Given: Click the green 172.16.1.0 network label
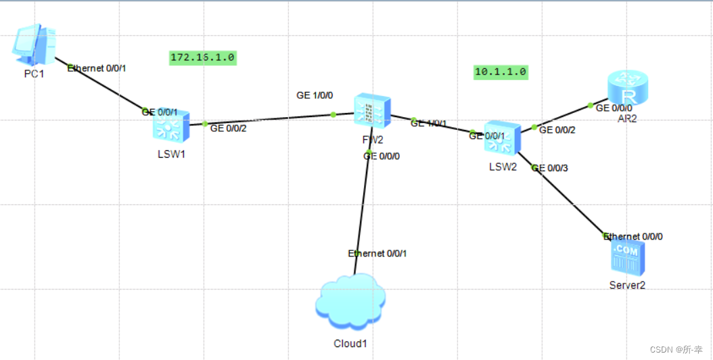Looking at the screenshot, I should click(202, 58).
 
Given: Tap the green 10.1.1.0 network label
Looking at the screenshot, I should click(500, 71).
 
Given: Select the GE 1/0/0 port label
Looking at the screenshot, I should click(315, 95).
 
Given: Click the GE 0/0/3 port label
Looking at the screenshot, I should click(550, 168).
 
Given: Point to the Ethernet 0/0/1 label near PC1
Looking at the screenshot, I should click(97, 68).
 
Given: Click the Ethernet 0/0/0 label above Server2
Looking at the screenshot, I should click(633, 236).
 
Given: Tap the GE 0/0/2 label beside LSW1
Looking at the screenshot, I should click(229, 127).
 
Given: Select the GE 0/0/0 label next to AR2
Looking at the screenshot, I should click(614, 108).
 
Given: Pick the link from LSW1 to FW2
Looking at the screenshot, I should click(271, 119).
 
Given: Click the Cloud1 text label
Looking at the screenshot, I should click(350, 343).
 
